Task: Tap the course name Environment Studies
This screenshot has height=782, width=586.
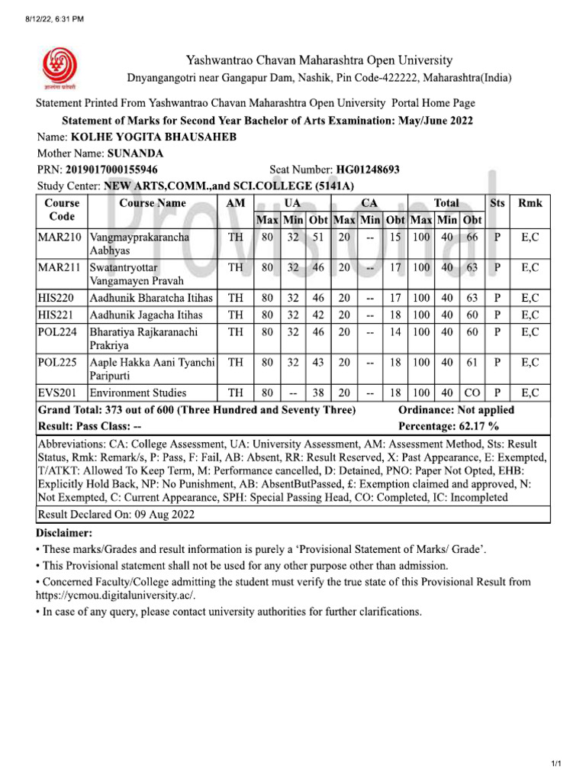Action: coord(138,393)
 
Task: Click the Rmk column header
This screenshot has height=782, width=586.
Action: coord(530,203)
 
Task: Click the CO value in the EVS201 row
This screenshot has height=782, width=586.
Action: coord(472,393)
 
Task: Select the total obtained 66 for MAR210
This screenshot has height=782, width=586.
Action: coord(472,238)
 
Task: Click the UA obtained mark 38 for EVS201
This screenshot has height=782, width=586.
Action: coord(318,393)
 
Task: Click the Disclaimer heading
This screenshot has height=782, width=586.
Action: coord(63,532)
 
